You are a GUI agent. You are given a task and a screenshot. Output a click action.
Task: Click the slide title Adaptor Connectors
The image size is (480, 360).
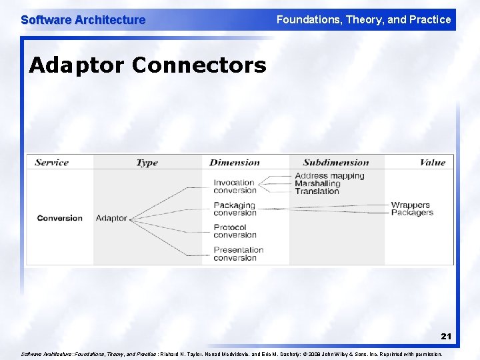[x=147, y=65]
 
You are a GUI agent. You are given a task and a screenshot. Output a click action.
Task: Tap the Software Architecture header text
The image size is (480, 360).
[x=83, y=20]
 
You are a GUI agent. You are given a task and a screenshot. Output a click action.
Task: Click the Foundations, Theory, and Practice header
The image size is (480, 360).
[x=363, y=20]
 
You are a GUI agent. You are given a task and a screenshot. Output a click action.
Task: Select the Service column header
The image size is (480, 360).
[x=51, y=162]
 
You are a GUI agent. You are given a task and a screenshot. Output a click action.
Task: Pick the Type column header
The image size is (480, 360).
[x=147, y=162]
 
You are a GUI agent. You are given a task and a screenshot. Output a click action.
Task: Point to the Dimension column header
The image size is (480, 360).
[x=235, y=162]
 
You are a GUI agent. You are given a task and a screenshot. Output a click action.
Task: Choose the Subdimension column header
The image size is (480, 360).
[x=335, y=162]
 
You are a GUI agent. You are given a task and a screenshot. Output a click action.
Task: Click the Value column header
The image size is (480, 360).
[x=432, y=162]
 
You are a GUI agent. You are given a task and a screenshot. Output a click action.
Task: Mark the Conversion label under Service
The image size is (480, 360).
[x=60, y=218]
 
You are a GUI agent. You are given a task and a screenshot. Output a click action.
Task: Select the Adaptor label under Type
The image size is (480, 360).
[x=111, y=218]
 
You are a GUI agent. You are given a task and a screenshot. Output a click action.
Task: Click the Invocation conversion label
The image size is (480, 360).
[x=235, y=186]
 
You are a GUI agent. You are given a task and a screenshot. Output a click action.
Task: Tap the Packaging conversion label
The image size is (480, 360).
[x=235, y=209]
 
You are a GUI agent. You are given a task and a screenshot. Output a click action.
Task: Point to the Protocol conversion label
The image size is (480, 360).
[x=235, y=231]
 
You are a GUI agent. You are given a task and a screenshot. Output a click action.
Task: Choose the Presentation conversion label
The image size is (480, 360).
[x=238, y=254]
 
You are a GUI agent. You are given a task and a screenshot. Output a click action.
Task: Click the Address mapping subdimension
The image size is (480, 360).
[x=329, y=176]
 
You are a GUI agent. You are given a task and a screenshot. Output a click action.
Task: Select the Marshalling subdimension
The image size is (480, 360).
[x=317, y=183]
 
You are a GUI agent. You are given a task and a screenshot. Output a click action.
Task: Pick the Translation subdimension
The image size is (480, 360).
[x=317, y=191]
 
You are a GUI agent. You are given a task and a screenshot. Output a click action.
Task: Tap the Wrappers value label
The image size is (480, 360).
[x=410, y=205]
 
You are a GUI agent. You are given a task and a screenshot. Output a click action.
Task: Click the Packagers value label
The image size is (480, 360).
[x=412, y=213]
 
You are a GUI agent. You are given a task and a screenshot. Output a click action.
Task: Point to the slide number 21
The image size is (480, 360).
[x=445, y=337]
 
